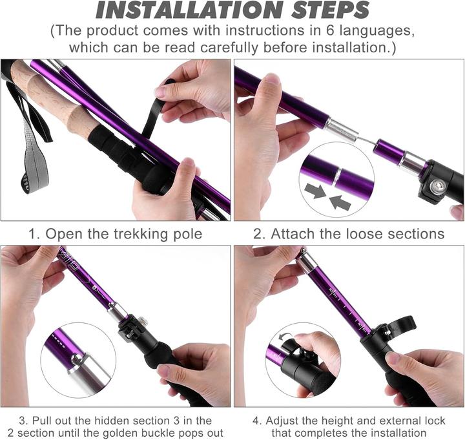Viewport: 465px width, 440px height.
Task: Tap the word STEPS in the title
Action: [x=331, y=10]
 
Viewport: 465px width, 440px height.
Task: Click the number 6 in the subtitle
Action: [x=330, y=30]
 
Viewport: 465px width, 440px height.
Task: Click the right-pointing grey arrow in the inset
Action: [x=315, y=191]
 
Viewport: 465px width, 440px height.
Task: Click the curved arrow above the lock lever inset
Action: [x=285, y=337]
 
